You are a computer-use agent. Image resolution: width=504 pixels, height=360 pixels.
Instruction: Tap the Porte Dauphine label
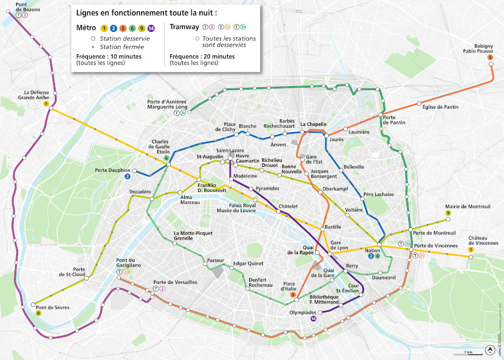click(x=112, y=170)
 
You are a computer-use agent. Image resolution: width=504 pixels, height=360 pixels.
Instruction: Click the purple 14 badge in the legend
click(x=151, y=28)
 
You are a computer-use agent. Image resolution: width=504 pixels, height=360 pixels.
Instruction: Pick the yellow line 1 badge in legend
click(x=104, y=28)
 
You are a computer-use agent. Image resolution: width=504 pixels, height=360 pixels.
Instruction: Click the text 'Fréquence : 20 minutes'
click(x=202, y=57)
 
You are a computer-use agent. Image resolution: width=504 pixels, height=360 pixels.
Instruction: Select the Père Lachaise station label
click(x=379, y=194)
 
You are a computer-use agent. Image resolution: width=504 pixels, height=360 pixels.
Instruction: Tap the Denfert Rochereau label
click(x=260, y=282)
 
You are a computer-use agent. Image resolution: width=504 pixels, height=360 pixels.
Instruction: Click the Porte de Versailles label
click(x=175, y=282)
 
